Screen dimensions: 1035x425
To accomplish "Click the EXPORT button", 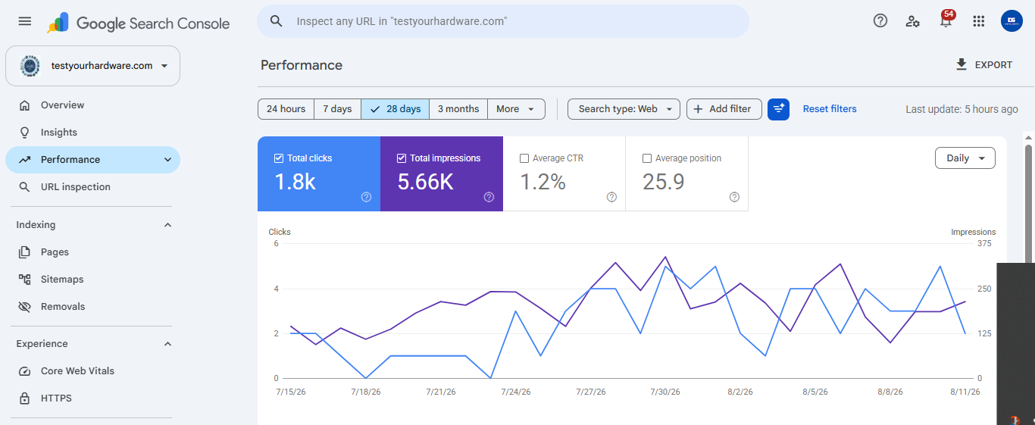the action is pyautogui.click(x=984, y=64).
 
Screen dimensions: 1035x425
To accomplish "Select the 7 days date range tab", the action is pyautogui.click(x=337, y=109).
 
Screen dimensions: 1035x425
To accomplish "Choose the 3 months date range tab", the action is pyautogui.click(x=458, y=109).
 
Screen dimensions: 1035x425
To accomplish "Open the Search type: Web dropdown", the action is pyautogui.click(x=624, y=109).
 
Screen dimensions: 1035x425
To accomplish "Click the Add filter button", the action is pyautogui.click(x=724, y=109).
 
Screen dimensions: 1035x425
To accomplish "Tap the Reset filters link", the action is pyautogui.click(x=830, y=109).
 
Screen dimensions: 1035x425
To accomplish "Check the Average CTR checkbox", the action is pyautogui.click(x=524, y=158).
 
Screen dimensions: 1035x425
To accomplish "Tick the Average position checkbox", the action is pyautogui.click(x=647, y=158).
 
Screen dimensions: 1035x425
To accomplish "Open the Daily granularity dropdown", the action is pyautogui.click(x=965, y=158).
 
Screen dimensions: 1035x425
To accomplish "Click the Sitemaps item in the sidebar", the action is pyautogui.click(x=62, y=279).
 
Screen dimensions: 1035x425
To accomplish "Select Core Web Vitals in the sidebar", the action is pyautogui.click(x=77, y=371).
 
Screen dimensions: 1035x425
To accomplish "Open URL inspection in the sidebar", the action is pyautogui.click(x=75, y=186).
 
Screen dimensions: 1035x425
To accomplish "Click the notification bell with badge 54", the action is pyautogui.click(x=946, y=20).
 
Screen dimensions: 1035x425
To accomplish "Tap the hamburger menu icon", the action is pyautogui.click(x=25, y=21).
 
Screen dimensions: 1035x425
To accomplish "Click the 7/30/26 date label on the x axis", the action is pyautogui.click(x=665, y=392).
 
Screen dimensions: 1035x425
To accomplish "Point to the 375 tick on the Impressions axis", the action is pyautogui.click(x=984, y=243).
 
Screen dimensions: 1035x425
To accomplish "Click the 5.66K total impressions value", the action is pyautogui.click(x=426, y=182).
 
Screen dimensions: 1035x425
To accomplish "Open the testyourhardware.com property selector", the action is pyautogui.click(x=93, y=66).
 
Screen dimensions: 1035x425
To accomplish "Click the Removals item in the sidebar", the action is pyautogui.click(x=63, y=306).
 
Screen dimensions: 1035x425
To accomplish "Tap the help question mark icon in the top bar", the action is pyautogui.click(x=880, y=20).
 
